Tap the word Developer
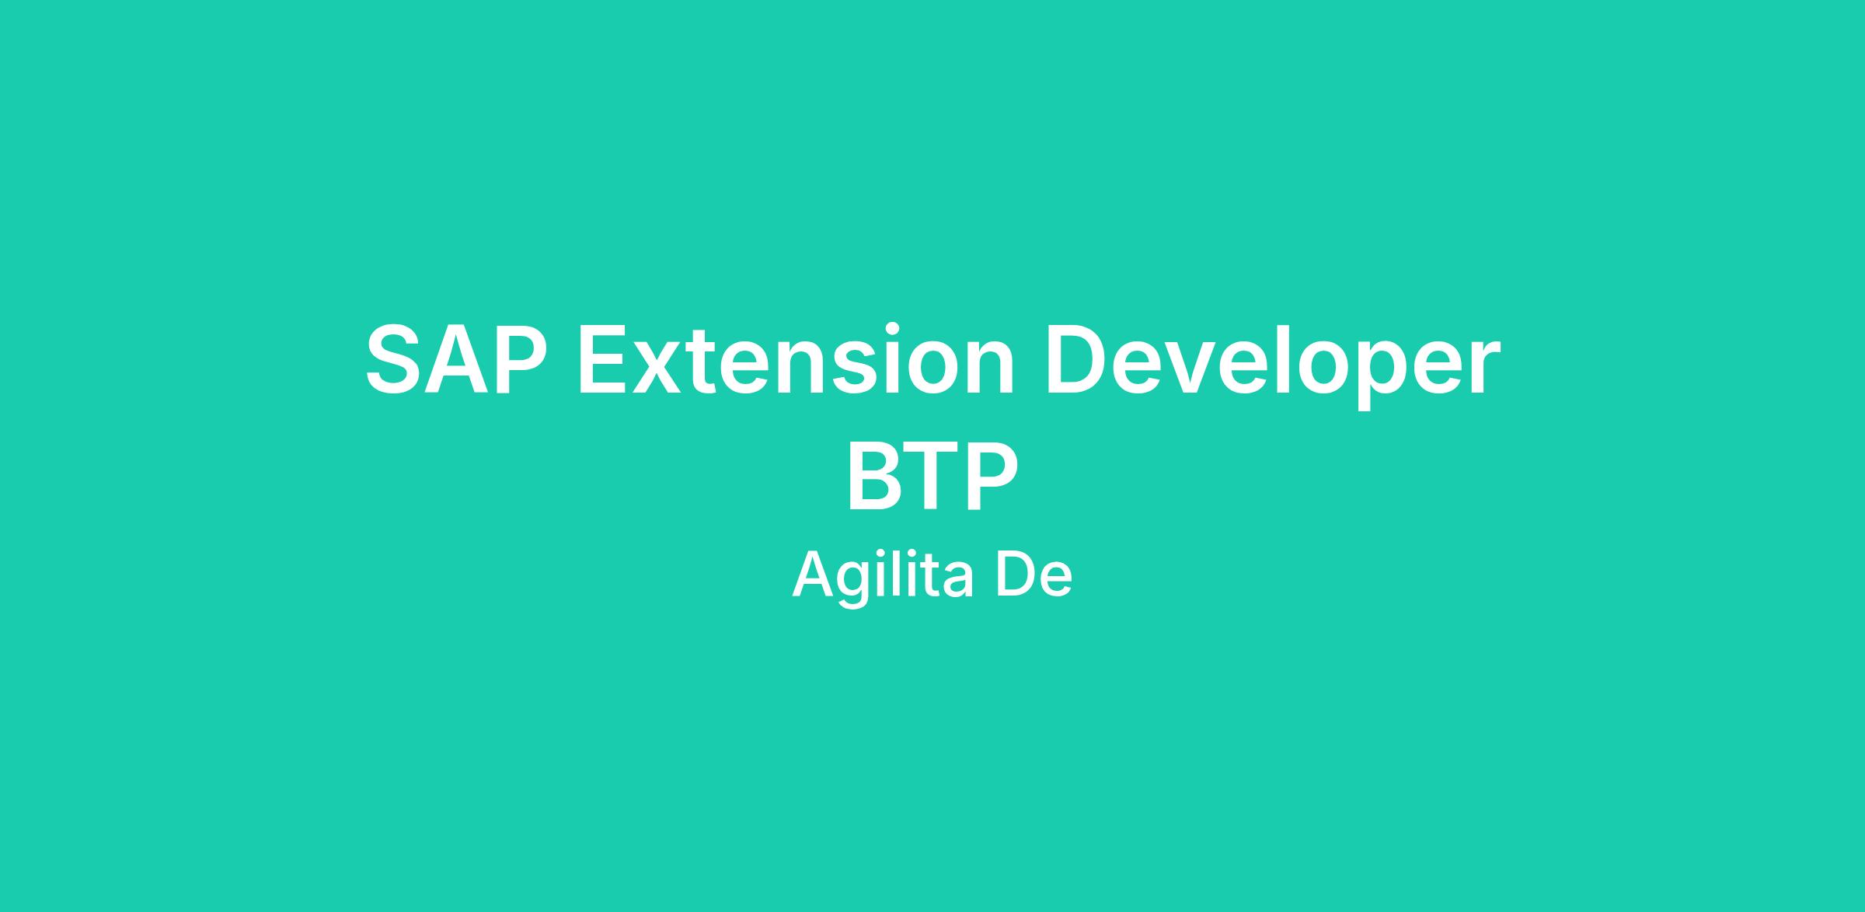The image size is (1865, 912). pyautogui.click(x=1272, y=365)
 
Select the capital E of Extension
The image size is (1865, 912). pyautogui.click(x=605, y=360)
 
